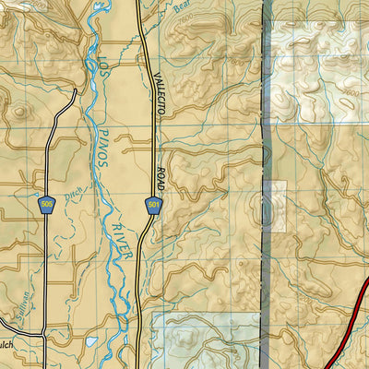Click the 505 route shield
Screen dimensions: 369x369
(46, 202)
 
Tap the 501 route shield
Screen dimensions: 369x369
(152, 204)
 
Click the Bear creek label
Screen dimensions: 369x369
(185, 12)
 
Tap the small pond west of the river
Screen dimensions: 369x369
(89, 341)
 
